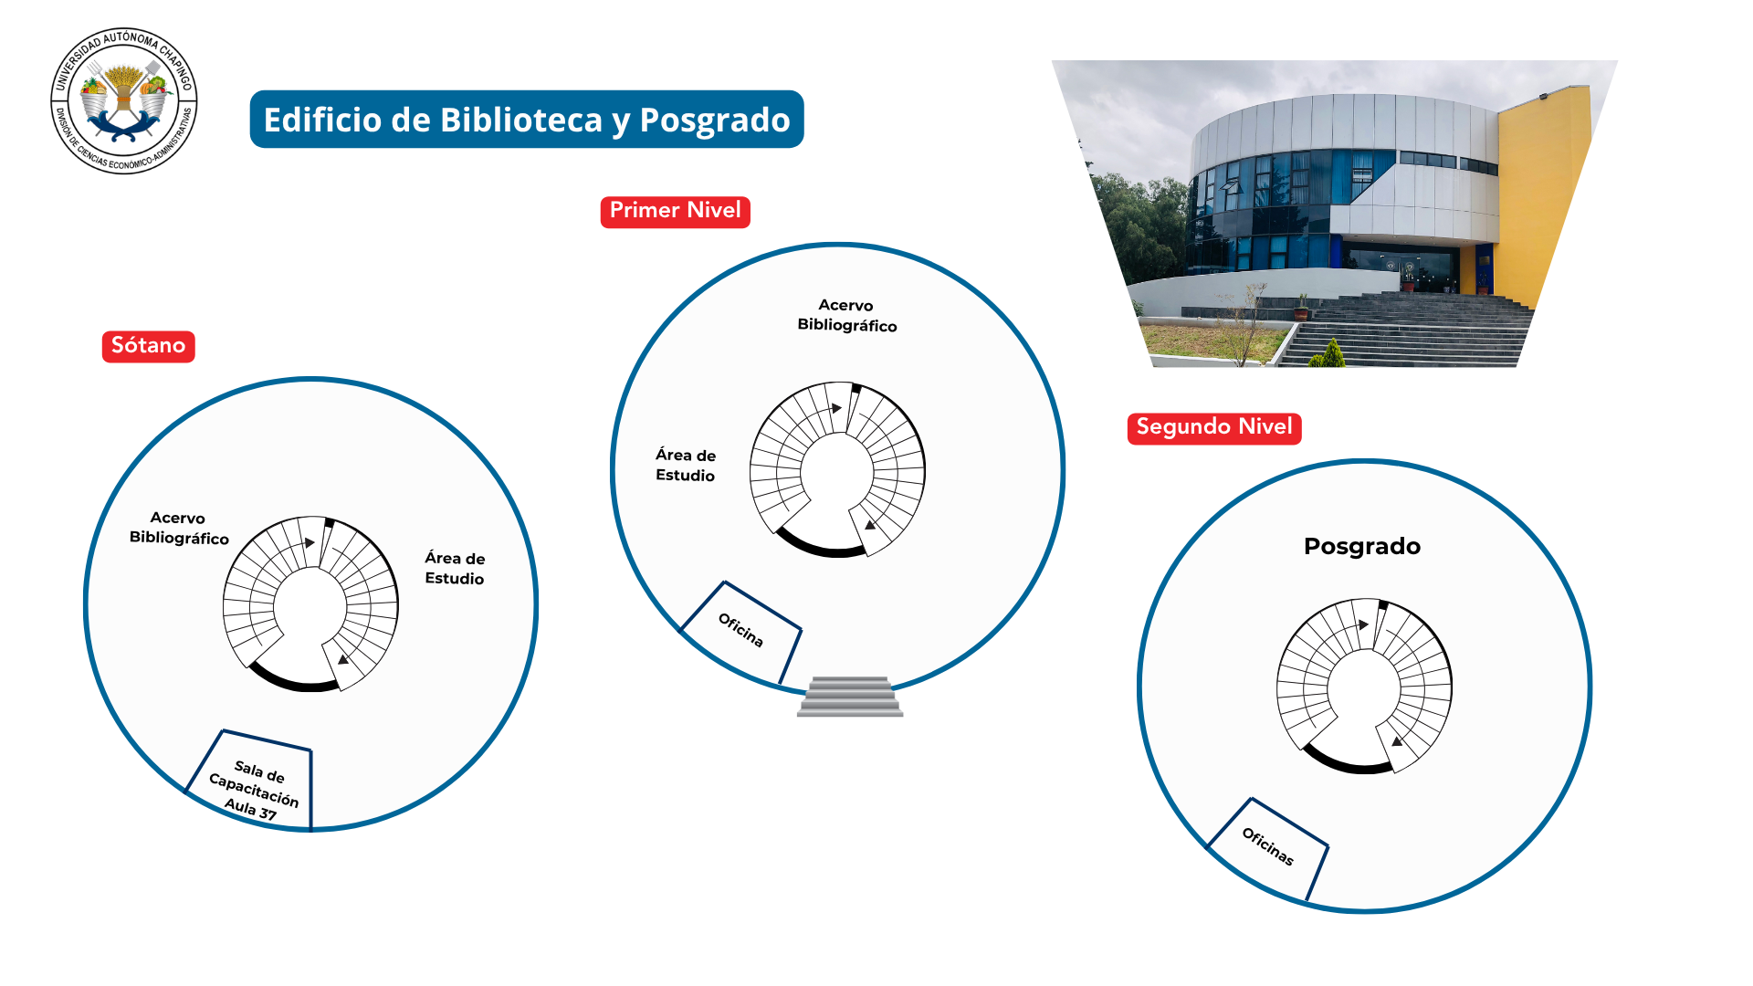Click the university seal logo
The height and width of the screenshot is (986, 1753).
(124, 100)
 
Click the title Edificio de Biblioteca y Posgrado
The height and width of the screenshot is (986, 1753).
(527, 120)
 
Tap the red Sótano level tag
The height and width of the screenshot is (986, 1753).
(148, 346)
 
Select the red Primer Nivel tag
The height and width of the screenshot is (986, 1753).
(675, 211)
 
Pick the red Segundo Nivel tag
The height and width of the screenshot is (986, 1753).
(1214, 427)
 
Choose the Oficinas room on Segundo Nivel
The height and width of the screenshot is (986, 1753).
(1268, 847)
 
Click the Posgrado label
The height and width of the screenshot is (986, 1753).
(1362, 546)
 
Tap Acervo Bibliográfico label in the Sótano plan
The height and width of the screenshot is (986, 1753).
(179, 528)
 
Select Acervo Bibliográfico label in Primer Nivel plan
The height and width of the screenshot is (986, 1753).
(847, 315)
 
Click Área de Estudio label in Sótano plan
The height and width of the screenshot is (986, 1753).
(455, 568)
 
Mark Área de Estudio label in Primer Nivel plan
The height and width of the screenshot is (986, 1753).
(686, 465)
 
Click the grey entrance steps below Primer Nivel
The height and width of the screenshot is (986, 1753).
(850, 697)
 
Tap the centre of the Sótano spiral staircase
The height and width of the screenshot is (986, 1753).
(310, 604)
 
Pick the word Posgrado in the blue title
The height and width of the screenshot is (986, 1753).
(715, 120)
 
